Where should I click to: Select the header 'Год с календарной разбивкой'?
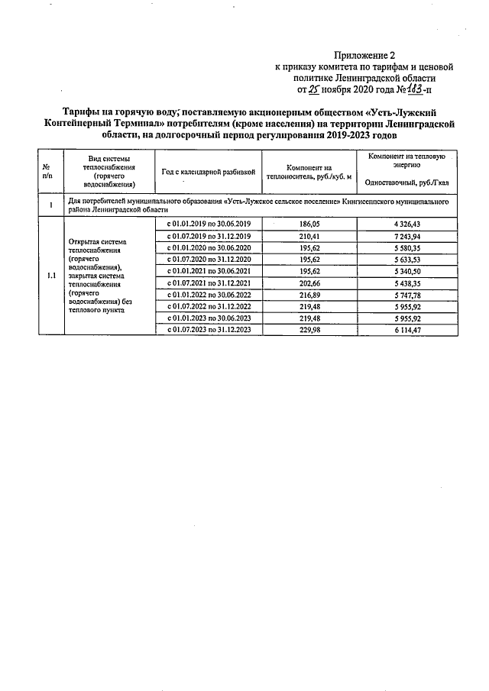(208, 172)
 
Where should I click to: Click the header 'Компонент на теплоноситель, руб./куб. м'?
(309, 172)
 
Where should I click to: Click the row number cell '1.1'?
(50, 276)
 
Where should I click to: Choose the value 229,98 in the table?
(310, 329)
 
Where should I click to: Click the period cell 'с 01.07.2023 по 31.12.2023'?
(208, 329)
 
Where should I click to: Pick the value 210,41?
(310, 237)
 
